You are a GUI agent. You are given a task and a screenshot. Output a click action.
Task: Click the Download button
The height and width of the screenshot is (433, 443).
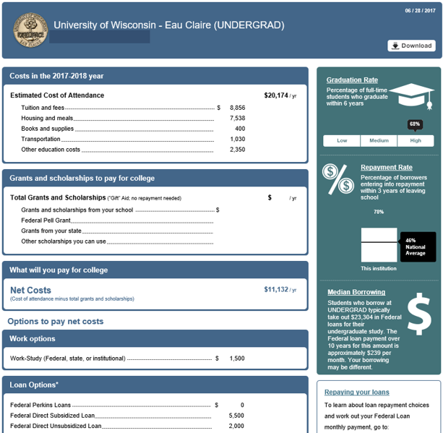point(411,46)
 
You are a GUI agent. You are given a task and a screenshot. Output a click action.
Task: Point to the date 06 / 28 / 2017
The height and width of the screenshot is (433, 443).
point(421,10)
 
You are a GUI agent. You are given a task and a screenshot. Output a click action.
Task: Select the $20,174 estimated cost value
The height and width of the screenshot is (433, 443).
point(276,95)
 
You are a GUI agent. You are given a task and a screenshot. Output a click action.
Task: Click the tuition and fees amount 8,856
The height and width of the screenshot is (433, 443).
point(237,108)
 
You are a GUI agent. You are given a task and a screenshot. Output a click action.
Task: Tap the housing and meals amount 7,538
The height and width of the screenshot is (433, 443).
point(237,119)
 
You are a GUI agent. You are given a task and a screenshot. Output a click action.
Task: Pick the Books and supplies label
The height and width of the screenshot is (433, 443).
point(47,129)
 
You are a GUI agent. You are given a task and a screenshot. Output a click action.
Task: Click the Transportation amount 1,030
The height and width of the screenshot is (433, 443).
point(237,140)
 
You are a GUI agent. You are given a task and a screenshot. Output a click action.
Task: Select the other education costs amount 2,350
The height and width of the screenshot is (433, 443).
point(237,150)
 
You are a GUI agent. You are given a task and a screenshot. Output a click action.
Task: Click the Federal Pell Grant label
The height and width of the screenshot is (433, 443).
point(46,220)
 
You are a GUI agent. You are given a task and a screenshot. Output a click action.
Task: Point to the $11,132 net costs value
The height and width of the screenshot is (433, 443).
point(276,289)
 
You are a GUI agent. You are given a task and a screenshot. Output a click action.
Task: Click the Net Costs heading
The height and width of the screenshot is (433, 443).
point(30,290)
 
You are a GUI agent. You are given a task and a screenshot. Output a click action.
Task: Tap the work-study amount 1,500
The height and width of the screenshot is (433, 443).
point(236,359)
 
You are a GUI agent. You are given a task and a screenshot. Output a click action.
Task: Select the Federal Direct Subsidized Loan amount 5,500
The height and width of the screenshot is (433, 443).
point(236,416)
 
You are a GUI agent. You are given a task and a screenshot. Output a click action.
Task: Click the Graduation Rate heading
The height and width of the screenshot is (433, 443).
point(352,80)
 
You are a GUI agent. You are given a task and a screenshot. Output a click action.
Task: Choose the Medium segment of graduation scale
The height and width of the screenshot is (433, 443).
point(379,141)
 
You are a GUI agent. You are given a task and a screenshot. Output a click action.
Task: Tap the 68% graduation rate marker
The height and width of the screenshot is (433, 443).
point(415,124)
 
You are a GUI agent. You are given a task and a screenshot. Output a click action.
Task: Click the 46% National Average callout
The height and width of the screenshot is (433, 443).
point(417,246)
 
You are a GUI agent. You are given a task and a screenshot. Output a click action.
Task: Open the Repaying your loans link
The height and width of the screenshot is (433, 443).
point(356,393)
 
